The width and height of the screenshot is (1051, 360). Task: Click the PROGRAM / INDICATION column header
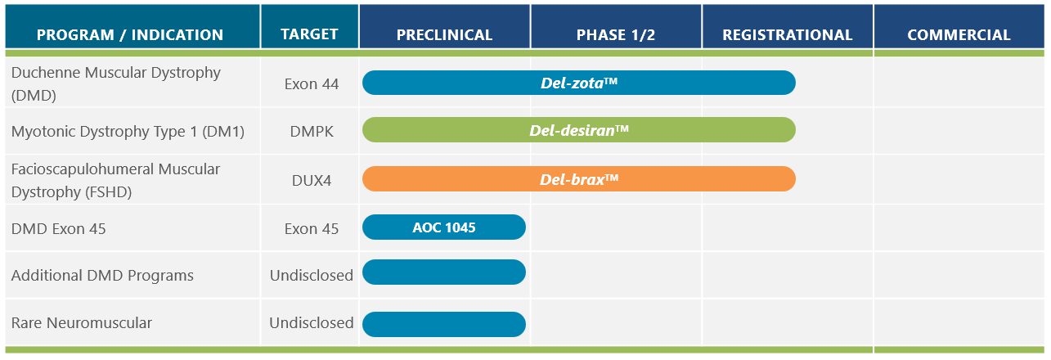(x=130, y=34)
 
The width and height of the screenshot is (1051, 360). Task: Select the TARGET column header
(x=309, y=34)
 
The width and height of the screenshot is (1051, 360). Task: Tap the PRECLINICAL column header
(x=444, y=34)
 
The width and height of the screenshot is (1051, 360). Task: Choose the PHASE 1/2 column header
(x=616, y=34)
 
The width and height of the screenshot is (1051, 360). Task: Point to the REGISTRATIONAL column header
(x=788, y=34)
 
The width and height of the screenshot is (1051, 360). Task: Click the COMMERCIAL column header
(x=959, y=34)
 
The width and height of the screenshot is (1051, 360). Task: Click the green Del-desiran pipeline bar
(x=579, y=130)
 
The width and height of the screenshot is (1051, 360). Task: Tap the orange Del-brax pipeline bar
(x=579, y=178)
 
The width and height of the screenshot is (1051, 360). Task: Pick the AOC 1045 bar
(x=444, y=227)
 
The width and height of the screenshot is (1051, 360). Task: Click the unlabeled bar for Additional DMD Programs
(x=444, y=272)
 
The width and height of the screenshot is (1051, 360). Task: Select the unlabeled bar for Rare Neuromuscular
(x=444, y=324)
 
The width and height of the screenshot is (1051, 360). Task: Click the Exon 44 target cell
(x=312, y=83)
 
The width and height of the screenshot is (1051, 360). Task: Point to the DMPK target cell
(x=312, y=131)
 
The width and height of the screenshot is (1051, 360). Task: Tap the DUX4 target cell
(x=312, y=179)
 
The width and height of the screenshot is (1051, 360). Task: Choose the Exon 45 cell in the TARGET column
(x=312, y=228)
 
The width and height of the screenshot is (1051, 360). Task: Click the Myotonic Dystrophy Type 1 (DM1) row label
(x=128, y=131)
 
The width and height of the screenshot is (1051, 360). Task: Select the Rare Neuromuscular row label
(x=82, y=322)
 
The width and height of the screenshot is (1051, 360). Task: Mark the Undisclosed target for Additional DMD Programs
(x=312, y=275)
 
